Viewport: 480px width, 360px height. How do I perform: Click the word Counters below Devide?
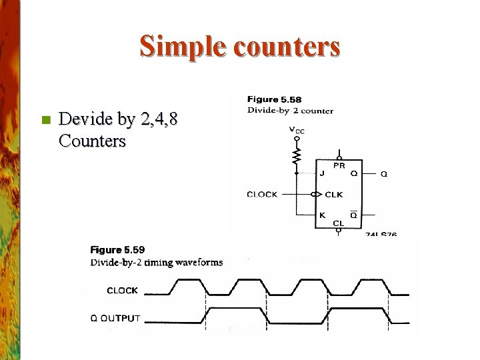tap(92, 141)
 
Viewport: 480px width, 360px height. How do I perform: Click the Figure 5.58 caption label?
tap(274, 100)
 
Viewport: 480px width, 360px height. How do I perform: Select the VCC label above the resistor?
tap(297, 131)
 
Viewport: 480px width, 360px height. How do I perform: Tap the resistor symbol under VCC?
tap(297, 155)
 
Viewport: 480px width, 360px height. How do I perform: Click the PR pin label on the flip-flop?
tap(339, 165)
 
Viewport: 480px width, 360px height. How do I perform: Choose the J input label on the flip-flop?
tap(322, 174)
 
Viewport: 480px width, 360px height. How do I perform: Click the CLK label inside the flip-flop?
tap(333, 195)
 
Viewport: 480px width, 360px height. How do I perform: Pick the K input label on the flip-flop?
tap(322, 215)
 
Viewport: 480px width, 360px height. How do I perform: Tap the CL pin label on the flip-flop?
tap(339, 223)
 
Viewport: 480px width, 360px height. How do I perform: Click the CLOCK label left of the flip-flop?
tap(262, 195)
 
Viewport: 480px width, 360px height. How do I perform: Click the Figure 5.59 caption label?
tap(117, 250)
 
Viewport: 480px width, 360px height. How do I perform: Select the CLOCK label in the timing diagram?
tap(122, 291)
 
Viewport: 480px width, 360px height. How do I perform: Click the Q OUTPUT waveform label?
tap(115, 318)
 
